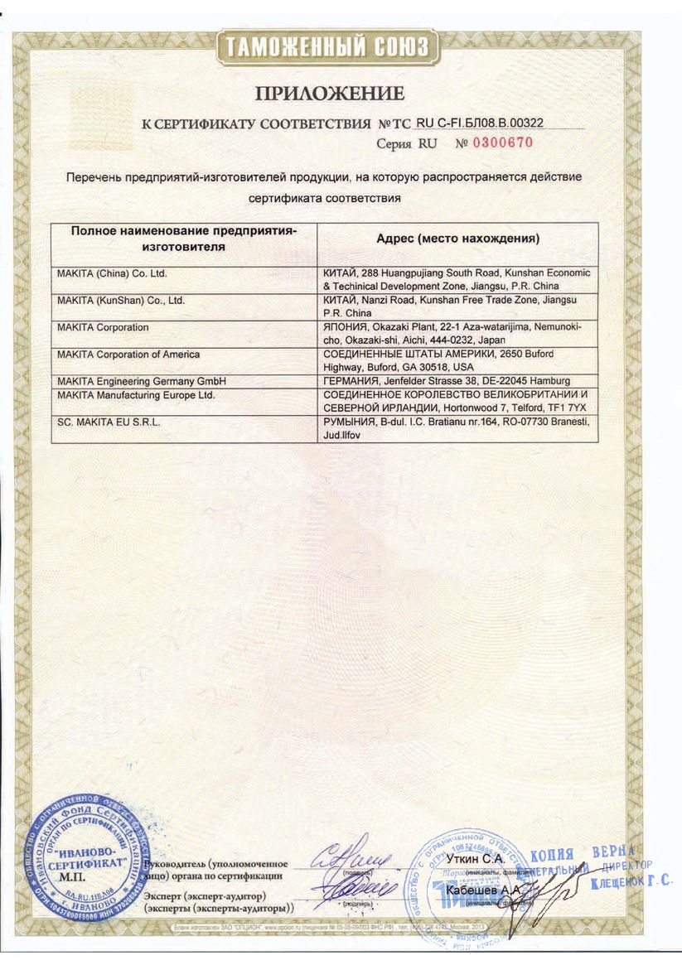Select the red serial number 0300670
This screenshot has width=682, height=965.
502,143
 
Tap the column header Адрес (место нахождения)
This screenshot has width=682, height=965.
457,239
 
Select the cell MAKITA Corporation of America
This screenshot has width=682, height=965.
128,355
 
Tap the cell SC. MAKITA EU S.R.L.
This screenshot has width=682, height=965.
109,422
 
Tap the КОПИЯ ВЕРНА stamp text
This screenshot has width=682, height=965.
583,853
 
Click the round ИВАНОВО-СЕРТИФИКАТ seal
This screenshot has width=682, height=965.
85,861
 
